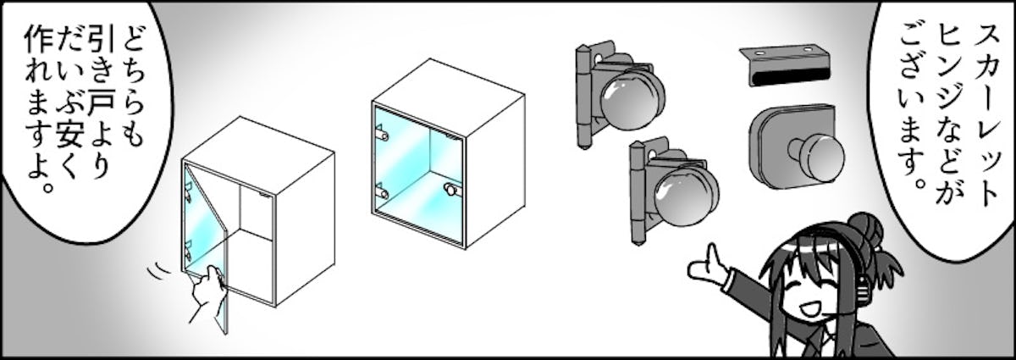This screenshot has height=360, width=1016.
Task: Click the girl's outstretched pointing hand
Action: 706,267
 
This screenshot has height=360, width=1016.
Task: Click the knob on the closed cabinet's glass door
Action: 450,188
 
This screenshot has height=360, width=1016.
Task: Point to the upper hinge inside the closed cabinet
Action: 382,136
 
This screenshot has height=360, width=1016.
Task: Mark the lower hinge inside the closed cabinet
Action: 382,192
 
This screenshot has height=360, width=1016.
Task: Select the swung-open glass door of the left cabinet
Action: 207,236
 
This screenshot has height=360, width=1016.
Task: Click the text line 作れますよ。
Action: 40,109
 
